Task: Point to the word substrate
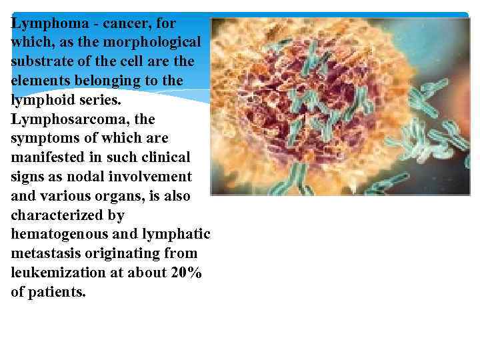(41, 62)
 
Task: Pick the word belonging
(115, 81)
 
